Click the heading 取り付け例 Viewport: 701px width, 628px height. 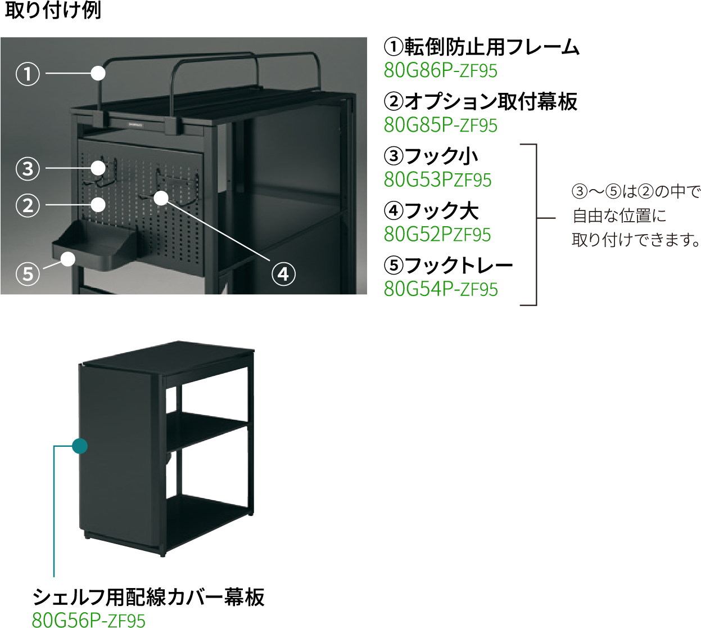click(53, 10)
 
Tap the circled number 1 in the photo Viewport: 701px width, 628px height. click(28, 74)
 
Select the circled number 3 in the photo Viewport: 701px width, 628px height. click(28, 169)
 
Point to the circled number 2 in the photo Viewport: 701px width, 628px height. click(28, 205)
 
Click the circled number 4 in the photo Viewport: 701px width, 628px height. click(283, 274)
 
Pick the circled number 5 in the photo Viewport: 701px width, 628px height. click(28, 274)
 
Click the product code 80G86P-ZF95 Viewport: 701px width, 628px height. click(441, 71)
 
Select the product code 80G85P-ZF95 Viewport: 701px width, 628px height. click(441, 125)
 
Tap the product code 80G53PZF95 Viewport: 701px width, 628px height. click(437, 180)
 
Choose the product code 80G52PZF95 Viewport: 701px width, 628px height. click(437, 235)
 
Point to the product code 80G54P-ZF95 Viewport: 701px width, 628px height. click(441, 289)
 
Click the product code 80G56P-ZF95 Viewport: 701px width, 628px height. click(89, 620)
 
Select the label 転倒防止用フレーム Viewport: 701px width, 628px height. click(491, 47)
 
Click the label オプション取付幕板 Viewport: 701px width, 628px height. click(491, 101)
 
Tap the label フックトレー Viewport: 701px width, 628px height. click(458, 266)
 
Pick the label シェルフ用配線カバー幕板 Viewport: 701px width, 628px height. click(148, 596)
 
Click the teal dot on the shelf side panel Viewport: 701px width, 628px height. click(80, 446)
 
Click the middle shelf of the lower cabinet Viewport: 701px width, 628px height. click(207, 430)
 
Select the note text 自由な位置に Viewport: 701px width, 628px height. click(619, 216)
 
